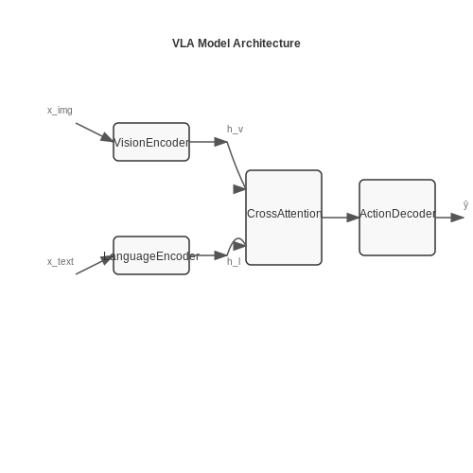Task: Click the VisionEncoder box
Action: [151, 142]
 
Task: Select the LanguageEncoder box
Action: [151, 255]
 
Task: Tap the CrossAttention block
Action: [284, 218]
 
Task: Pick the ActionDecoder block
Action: [397, 218]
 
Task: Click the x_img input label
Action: [60, 111]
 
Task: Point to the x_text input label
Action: [61, 262]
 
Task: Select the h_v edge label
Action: [235, 130]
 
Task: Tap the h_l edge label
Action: [234, 262]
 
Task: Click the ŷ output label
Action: [465, 205]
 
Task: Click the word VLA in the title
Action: [183, 44]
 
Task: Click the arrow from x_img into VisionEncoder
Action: [95, 132]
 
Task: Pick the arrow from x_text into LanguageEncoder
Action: [95, 265]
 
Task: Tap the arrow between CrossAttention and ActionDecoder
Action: [341, 218]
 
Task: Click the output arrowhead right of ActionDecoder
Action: [457, 218]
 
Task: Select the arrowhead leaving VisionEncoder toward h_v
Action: [220, 142]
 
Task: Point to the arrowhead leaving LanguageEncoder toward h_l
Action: [220, 255]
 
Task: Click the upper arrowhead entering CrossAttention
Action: [239, 189]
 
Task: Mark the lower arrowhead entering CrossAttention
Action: [239, 246]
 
